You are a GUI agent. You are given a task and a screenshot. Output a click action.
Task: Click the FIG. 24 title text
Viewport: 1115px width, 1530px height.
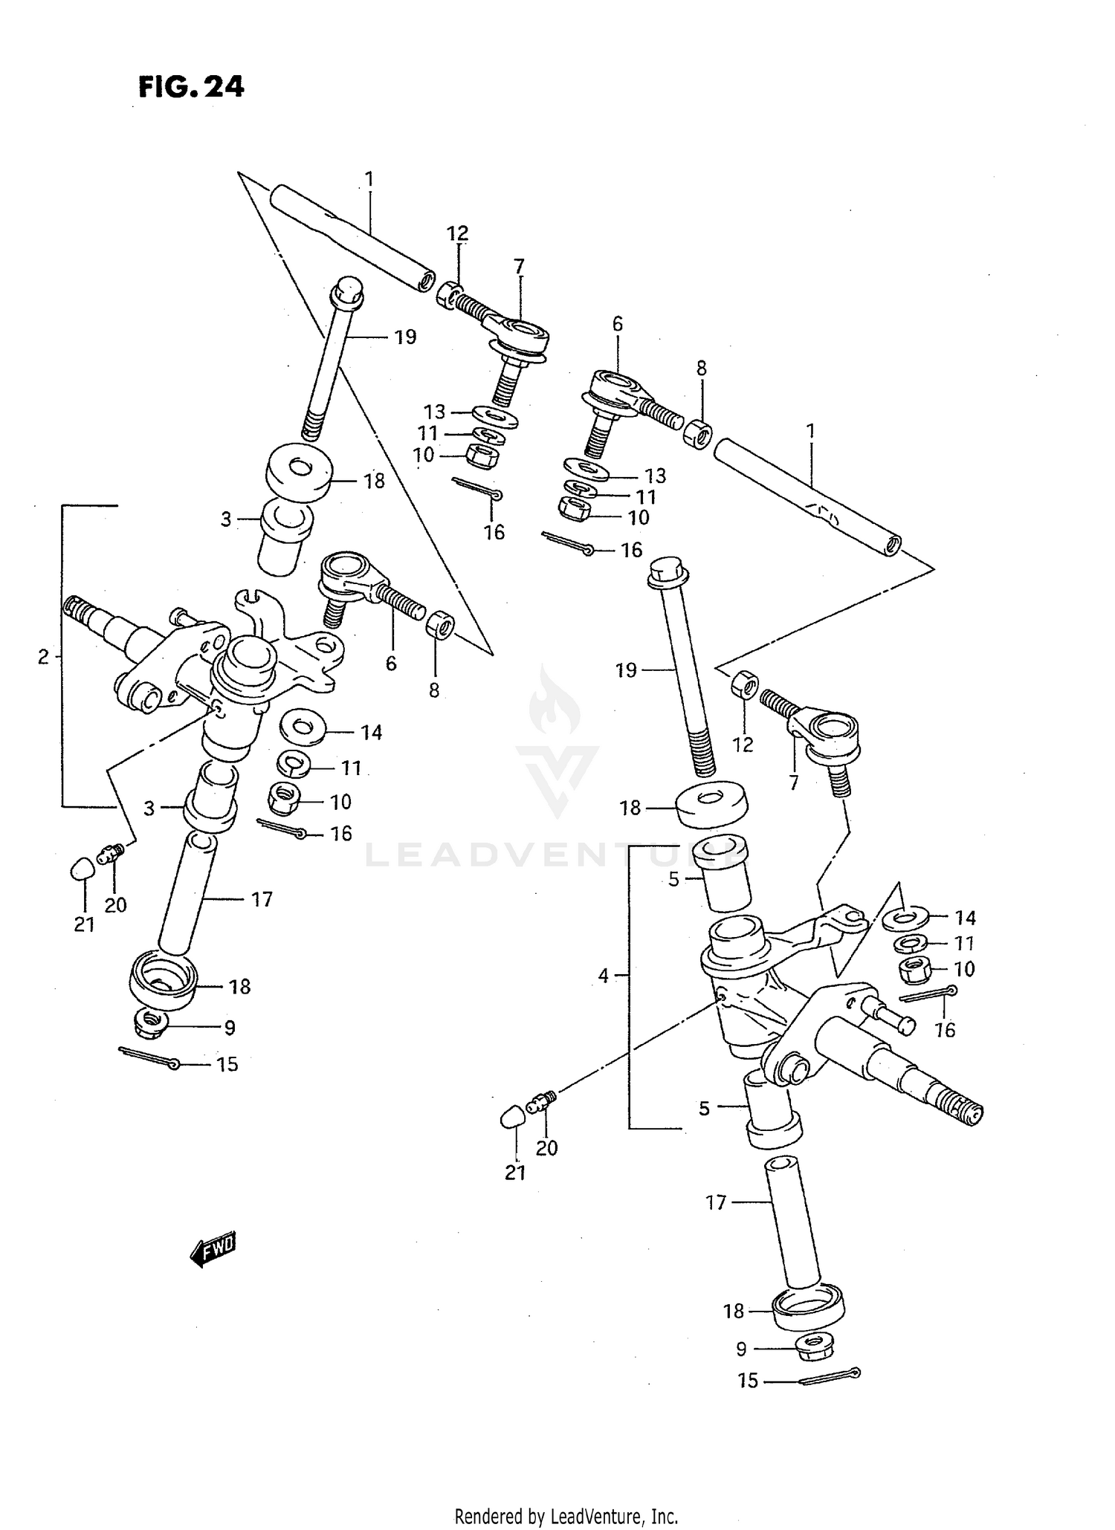coord(191,87)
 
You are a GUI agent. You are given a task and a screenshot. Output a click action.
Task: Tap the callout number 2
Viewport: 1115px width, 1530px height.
coord(44,656)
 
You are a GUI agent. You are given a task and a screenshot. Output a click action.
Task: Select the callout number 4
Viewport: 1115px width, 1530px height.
coord(604,976)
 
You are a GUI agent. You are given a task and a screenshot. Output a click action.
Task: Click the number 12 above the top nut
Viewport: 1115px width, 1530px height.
coord(457,233)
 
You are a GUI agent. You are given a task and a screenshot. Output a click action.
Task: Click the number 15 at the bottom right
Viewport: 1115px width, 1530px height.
coord(748,1381)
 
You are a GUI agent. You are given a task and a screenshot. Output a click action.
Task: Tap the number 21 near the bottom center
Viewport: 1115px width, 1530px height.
coord(515,1173)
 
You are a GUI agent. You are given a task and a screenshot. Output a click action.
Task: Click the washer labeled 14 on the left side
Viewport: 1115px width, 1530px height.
coord(302,726)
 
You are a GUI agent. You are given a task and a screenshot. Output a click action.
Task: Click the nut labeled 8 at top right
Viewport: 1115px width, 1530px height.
coord(697,434)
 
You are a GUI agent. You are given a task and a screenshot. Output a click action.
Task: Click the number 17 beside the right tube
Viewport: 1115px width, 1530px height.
coord(715,1202)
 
